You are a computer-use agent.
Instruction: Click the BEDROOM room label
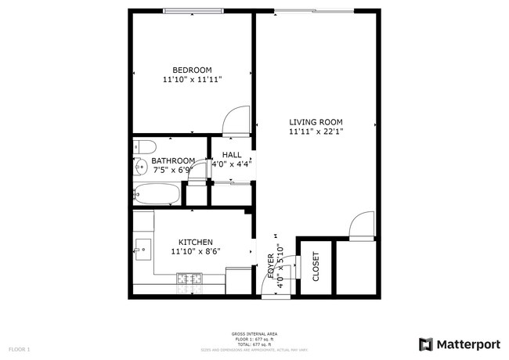click(192, 70)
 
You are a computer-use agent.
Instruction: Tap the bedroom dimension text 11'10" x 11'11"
click(192, 80)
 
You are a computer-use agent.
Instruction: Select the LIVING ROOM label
click(316, 122)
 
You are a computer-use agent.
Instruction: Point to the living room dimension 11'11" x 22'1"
click(316, 132)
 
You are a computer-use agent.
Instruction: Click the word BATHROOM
click(172, 160)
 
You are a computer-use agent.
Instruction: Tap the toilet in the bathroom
click(143, 146)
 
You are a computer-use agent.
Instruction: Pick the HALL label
click(231, 155)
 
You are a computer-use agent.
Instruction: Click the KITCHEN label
click(195, 243)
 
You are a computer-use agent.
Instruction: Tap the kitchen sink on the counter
click(143, 250)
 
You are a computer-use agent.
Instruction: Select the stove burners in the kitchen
click(189, 278)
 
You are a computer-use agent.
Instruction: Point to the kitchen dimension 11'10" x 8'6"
click(195, 252)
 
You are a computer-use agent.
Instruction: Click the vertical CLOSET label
click(316, 266)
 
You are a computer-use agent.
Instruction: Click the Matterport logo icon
click(426, 344)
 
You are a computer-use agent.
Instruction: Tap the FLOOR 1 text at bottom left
click(19, 348)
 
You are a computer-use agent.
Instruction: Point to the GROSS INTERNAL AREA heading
click(254, 334)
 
